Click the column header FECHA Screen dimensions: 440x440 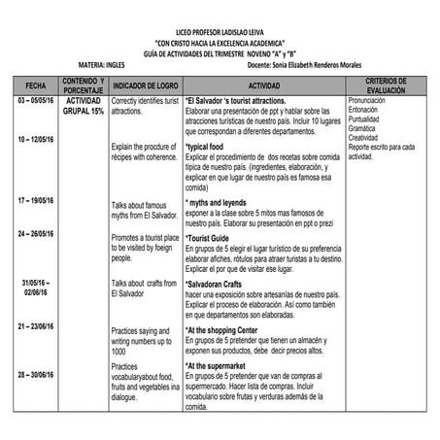pyautogui.click(x=35, y=85)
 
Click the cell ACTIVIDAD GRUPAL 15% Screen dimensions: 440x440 pyautogui.click(x=85, y=105)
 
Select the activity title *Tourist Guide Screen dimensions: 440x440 pyautogui.click(x=209, y=238)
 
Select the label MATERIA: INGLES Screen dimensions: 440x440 pyautogui.click(x=102, y=66)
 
